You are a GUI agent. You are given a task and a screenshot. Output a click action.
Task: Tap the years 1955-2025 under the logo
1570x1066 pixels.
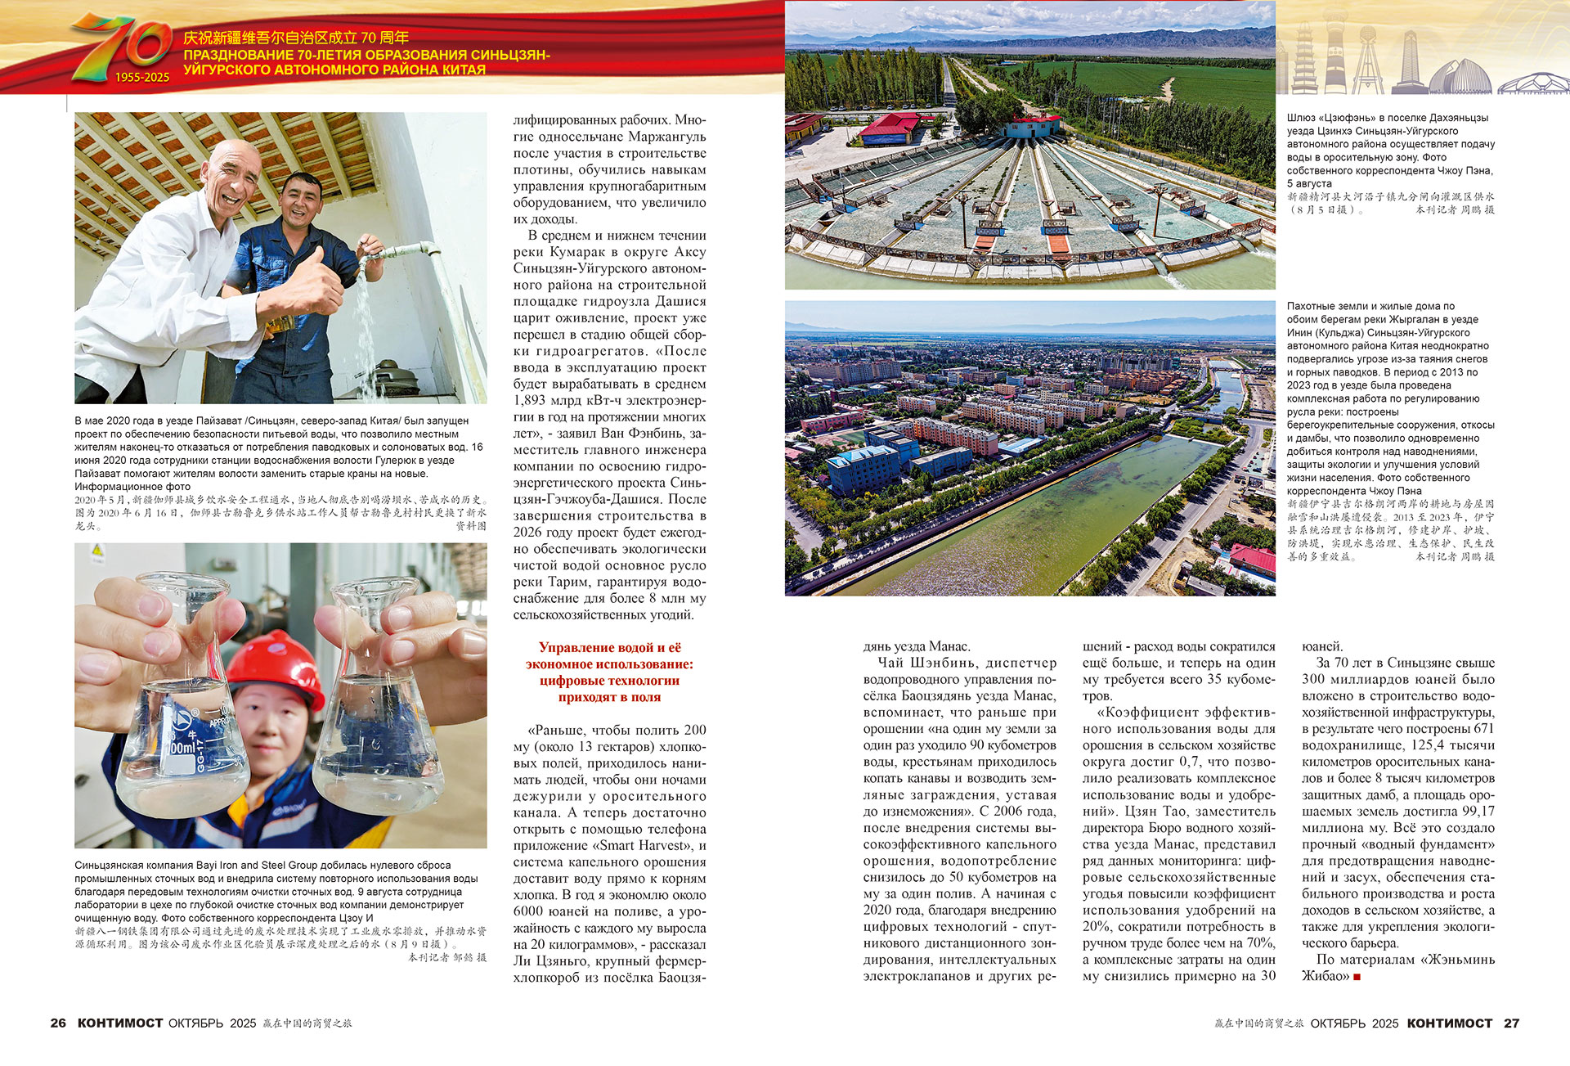pos(141,78)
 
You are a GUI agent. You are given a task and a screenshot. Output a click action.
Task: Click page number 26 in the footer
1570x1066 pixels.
pos(58,1023)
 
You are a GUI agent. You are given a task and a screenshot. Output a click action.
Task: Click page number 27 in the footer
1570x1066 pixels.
pos(1511,1023)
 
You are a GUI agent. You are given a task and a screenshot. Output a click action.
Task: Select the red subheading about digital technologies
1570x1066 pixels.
pos(609,672)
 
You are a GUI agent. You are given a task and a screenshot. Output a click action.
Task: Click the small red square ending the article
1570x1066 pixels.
pos(1357,977)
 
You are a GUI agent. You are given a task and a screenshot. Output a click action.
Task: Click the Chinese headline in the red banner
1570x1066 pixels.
pos(295,38)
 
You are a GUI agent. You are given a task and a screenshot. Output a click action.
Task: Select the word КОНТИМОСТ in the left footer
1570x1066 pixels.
pos(120,1023)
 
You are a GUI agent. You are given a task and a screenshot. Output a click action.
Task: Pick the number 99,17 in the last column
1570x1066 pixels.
pos(1476,811)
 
